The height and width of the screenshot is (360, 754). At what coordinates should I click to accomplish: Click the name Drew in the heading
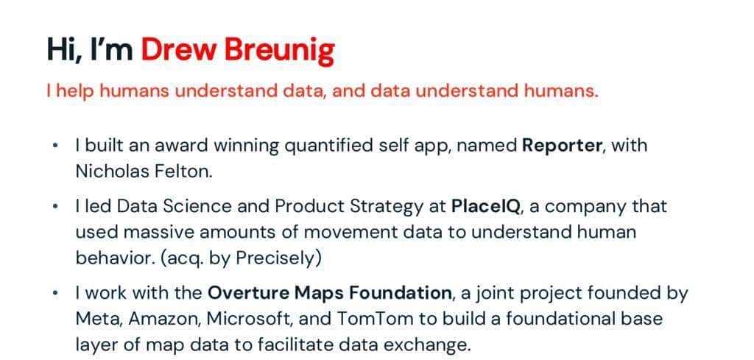pos(177,49)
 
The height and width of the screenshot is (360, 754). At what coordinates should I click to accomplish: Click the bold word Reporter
pos(562,146)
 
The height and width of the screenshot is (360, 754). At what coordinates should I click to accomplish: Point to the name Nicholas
pos(112,172)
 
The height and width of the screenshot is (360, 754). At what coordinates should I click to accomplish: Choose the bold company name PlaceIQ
pos(486,207)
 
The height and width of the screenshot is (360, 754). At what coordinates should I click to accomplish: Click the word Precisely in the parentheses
pos(278,258)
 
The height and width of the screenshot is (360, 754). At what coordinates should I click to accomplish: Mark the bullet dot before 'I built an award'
pos(56,145)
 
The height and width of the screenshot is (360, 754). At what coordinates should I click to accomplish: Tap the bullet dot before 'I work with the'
pos(56,292)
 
